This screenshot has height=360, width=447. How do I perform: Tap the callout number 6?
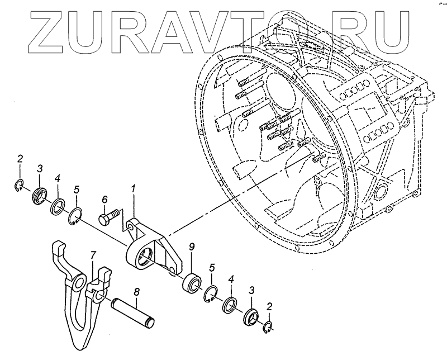[104, 199]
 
